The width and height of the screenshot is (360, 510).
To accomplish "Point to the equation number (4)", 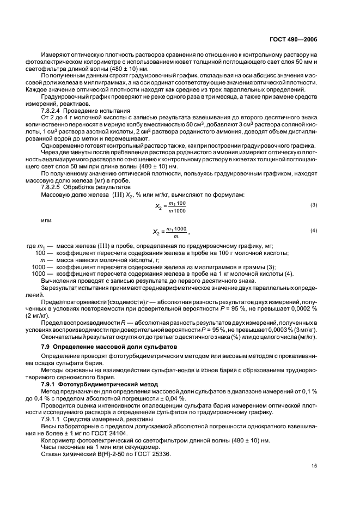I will (314, 231).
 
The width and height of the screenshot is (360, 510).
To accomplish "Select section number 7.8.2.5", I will (53, 187).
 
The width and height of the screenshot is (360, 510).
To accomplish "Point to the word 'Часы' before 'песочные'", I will (48, 446).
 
